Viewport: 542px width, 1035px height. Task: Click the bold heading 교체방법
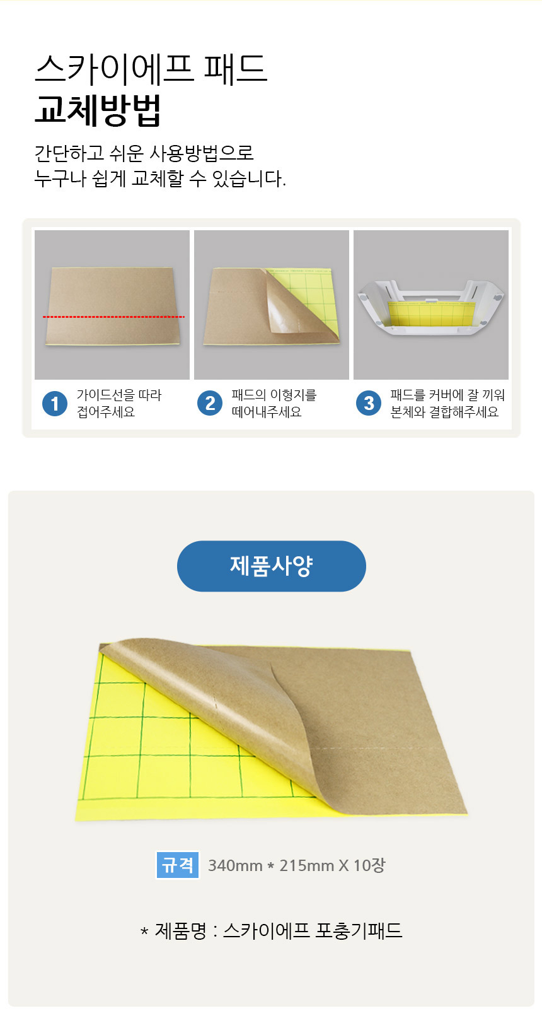point(98,110)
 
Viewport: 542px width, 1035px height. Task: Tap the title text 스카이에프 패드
point(151,68)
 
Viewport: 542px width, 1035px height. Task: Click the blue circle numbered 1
point(55,404)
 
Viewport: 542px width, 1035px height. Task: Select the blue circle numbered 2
point(210,404)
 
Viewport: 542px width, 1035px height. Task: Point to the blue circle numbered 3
point(369,404)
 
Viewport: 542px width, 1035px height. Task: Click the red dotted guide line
point(113,317)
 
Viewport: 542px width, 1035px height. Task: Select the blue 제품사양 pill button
point(271,566)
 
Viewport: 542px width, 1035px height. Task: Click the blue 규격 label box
point(178,865)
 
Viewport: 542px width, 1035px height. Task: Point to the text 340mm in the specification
point(235,865)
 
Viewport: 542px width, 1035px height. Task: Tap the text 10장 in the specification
point(369,865)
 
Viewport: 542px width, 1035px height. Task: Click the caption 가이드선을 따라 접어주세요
point(118,404)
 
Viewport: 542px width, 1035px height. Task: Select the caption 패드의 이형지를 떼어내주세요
point(274,404)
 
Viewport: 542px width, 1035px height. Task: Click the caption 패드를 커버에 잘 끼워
point(447,395)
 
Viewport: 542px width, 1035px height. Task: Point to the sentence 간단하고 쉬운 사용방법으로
point(144,153)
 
